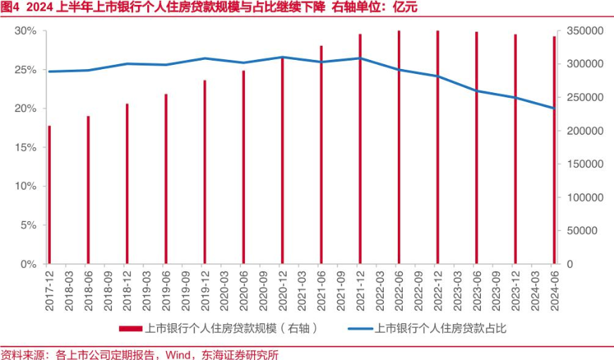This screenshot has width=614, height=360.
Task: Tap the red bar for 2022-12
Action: (x=438, y=147)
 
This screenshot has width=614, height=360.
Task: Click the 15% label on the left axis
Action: (x=25, y=147)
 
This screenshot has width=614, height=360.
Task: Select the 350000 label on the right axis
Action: (x=579, y=31)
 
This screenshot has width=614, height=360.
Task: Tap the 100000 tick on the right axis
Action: (x=579, y=197)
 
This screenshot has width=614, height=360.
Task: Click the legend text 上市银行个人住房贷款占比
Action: (x=440, y=328)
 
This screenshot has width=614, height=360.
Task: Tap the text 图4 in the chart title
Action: (x=11, y=8)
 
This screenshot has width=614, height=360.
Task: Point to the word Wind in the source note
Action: (x=179, y=354)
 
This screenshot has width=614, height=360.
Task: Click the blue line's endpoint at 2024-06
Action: (x=554, y=108)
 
